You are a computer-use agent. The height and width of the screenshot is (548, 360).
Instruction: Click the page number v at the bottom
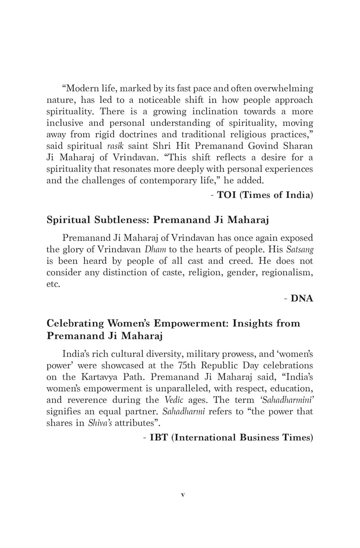(182, 495)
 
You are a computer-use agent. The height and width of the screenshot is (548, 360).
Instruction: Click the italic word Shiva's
(96, 423)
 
